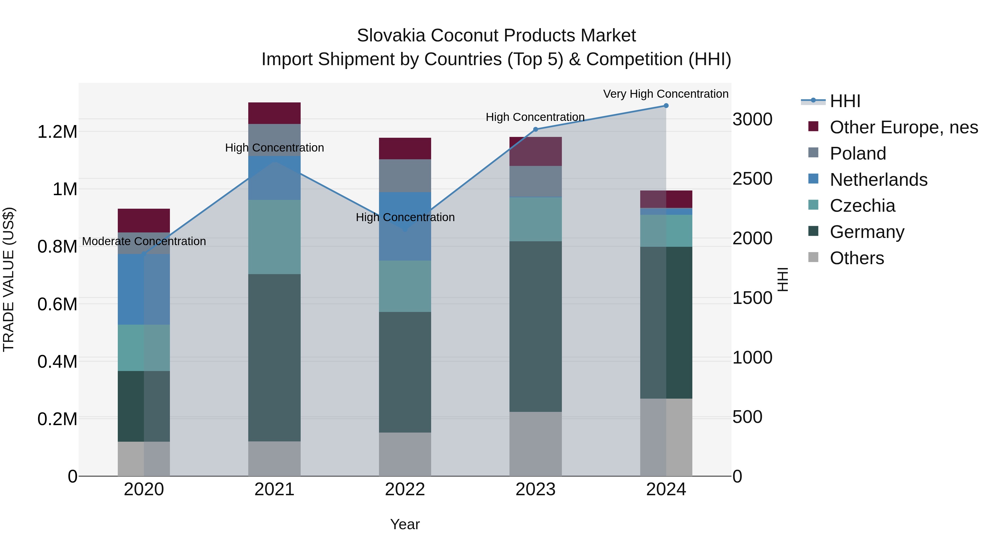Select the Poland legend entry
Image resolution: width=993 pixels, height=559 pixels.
click(x=858, y=153)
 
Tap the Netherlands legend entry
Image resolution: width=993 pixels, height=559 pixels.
click(x=879, y=180)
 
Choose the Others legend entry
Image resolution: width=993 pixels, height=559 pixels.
click(x=856, y=258)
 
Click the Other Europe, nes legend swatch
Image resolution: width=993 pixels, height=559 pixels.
click(x=813, y=126)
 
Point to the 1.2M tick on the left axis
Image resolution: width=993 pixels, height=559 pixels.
click(x=57, y=132)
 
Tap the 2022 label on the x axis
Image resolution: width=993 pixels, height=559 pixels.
click(x=405, y=489)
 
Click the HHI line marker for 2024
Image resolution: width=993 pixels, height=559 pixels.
click(x=666, y=106)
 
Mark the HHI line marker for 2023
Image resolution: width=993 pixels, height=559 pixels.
click(x=535, y=129)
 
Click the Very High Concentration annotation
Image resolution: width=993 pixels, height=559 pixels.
click(x=666, y=94)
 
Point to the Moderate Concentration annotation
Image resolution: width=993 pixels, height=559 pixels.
click(x=144, y=241)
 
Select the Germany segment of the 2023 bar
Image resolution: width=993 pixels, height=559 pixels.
click(x=535, y=326)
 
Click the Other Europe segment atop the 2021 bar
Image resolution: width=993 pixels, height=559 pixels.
click(x=274, y=113)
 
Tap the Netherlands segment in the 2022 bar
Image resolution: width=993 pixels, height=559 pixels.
click(x=405, y=226)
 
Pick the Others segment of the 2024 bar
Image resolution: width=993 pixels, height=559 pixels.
click(x=666, y=437)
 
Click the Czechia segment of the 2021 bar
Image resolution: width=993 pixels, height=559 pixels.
click(x=274, y=237)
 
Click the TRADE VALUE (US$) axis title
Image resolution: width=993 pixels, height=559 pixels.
click(x=9, y=279)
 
